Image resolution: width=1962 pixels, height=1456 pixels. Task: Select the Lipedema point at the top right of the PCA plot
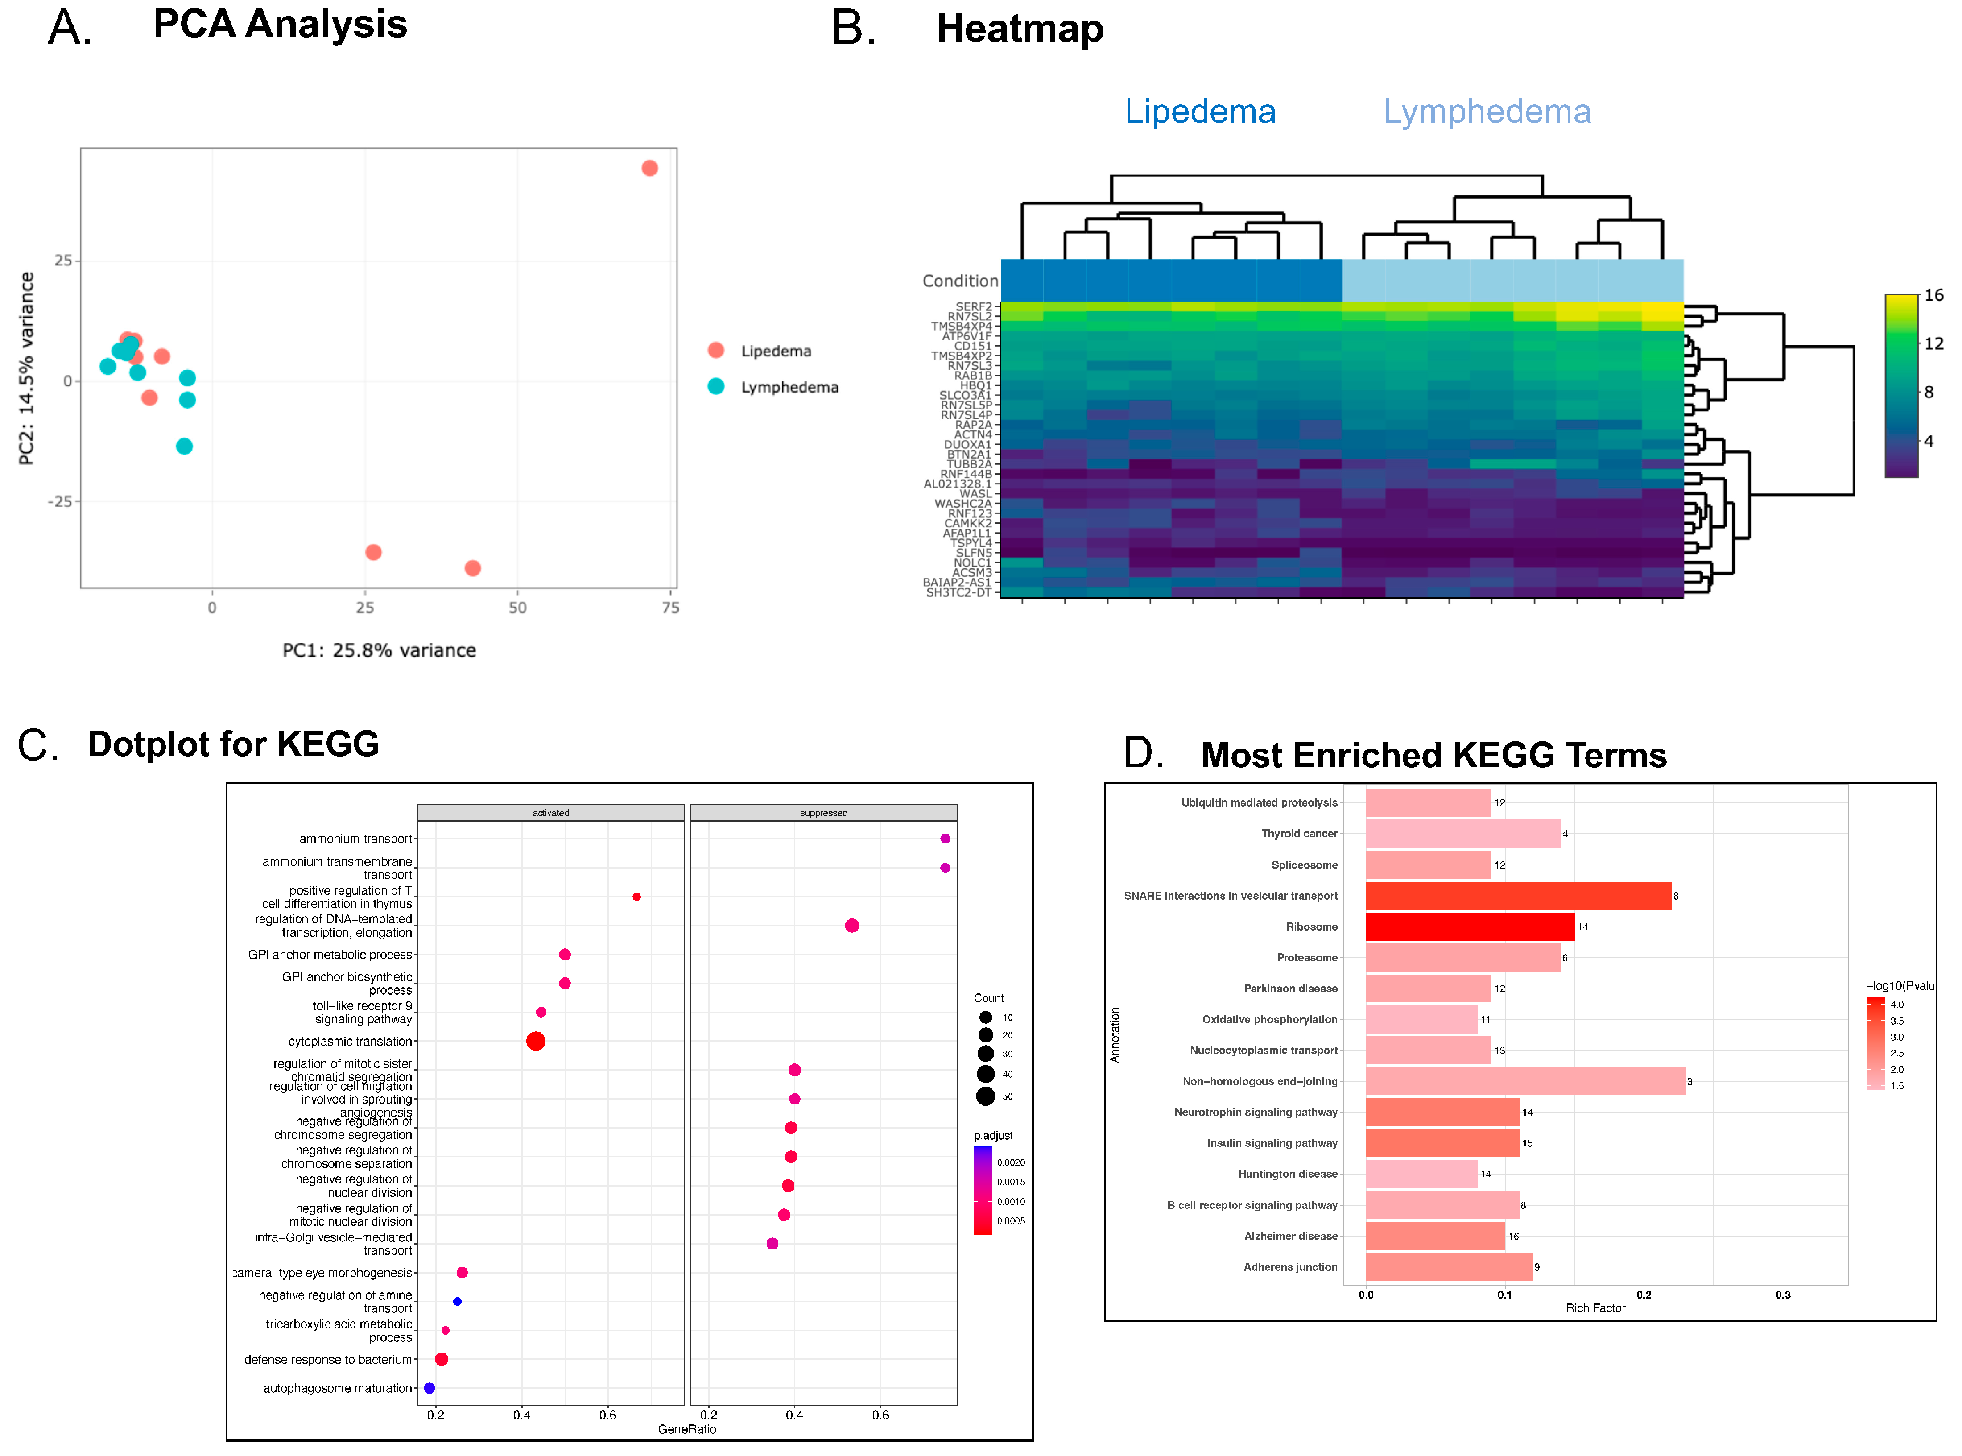tap(649, 168)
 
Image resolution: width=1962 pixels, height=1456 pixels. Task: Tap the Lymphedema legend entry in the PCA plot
tap(789, 387)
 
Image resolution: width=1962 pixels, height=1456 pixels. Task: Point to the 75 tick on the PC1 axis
tap(670, 607)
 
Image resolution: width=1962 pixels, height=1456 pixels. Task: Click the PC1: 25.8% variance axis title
tap(379, 650)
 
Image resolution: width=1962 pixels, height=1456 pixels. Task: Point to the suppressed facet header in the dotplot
tap(823, 813)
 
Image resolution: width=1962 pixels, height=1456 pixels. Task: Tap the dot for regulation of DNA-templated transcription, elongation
tap(852, 926)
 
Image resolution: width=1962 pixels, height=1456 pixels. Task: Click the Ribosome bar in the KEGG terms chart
tap(1470, 927)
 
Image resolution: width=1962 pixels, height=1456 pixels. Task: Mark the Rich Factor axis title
tap(1594, 1308)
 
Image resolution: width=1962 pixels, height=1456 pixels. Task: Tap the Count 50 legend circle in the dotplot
tap(986, 1096)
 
